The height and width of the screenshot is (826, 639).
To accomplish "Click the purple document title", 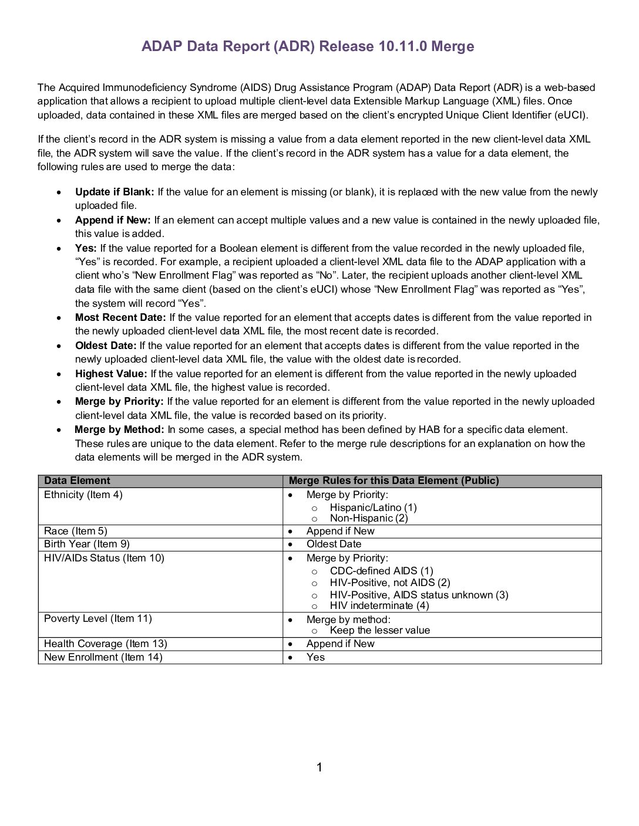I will click(308, 46).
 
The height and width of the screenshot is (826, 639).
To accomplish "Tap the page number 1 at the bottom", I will click(319, 767).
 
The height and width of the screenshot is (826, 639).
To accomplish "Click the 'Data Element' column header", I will click(77, 481).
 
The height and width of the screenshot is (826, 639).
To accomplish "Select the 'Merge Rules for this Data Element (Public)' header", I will click(394, 481).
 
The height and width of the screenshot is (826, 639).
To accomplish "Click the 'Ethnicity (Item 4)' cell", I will click(83, 495).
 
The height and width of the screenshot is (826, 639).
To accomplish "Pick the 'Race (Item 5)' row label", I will click(76, 532).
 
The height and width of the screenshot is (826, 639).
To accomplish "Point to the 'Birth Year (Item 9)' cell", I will click(87, 544).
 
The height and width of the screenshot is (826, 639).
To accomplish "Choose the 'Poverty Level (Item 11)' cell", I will click(97, 619).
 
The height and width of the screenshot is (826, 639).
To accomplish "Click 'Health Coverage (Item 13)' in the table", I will click(105, 644).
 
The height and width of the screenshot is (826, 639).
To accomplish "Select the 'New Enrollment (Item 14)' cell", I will click(103, 658).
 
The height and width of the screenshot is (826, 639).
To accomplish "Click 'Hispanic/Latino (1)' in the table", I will click(373, 507).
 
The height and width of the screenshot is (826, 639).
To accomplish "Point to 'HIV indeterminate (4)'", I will click(379, 605).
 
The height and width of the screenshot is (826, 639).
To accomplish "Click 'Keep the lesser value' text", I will click(379, 631).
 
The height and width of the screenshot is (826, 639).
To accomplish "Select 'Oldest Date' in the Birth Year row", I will click(334, 544).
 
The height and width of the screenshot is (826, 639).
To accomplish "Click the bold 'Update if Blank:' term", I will click(115, 192).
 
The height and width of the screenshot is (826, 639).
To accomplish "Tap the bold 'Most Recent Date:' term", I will click(120, 317).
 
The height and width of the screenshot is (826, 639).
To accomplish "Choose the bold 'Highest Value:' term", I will click(110, 374).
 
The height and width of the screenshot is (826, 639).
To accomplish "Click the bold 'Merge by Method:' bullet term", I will click(119, 429).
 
